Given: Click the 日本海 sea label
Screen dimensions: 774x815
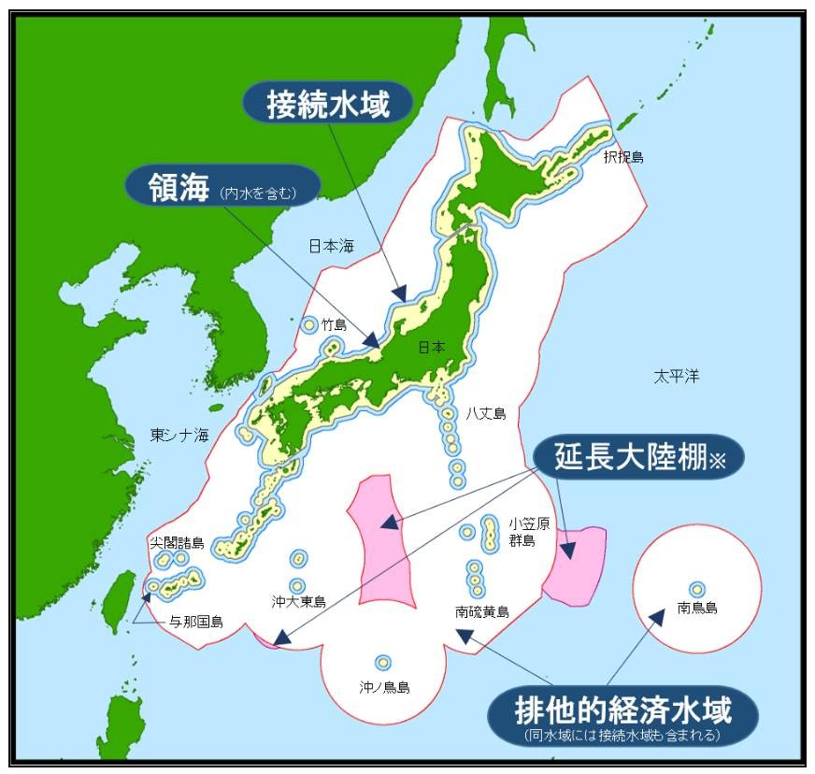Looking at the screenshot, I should [332, 246].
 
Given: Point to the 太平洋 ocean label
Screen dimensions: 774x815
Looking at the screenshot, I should [676, 377].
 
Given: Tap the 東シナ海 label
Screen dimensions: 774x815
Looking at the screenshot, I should [179, 436].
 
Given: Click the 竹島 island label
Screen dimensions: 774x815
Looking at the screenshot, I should [334, 325].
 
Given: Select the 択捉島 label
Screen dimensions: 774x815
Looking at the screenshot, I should [623, 157].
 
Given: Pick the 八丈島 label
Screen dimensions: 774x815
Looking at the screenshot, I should [486, 413].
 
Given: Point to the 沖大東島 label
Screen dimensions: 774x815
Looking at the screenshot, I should [299, 602].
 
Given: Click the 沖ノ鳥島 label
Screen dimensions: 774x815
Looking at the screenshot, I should [384, 687].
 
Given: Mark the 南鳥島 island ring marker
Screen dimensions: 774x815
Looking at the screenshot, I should [696, 589].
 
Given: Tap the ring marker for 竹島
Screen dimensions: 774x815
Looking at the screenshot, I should [309, 324].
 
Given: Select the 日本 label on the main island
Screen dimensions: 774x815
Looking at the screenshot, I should [432, 347].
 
